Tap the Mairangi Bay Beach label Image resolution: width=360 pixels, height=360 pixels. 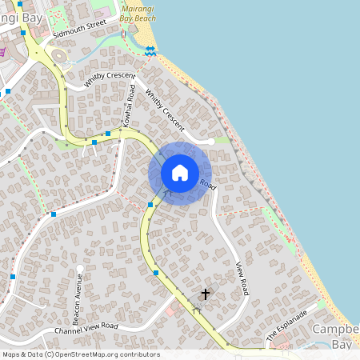coord(138,10)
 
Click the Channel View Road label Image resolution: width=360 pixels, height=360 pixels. coord(86,328)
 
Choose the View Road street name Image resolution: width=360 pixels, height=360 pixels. coord(242,278)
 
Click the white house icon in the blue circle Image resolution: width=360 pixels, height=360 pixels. coord(180,173)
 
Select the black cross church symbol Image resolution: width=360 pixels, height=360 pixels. coord(205,294)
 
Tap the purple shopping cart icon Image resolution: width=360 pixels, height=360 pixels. coord(2,52)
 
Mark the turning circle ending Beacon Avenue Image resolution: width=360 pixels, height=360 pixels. coord(81,269)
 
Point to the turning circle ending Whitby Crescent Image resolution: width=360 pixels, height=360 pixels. coord(210,141)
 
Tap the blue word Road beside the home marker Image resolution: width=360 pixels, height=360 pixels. coord(208,184)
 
